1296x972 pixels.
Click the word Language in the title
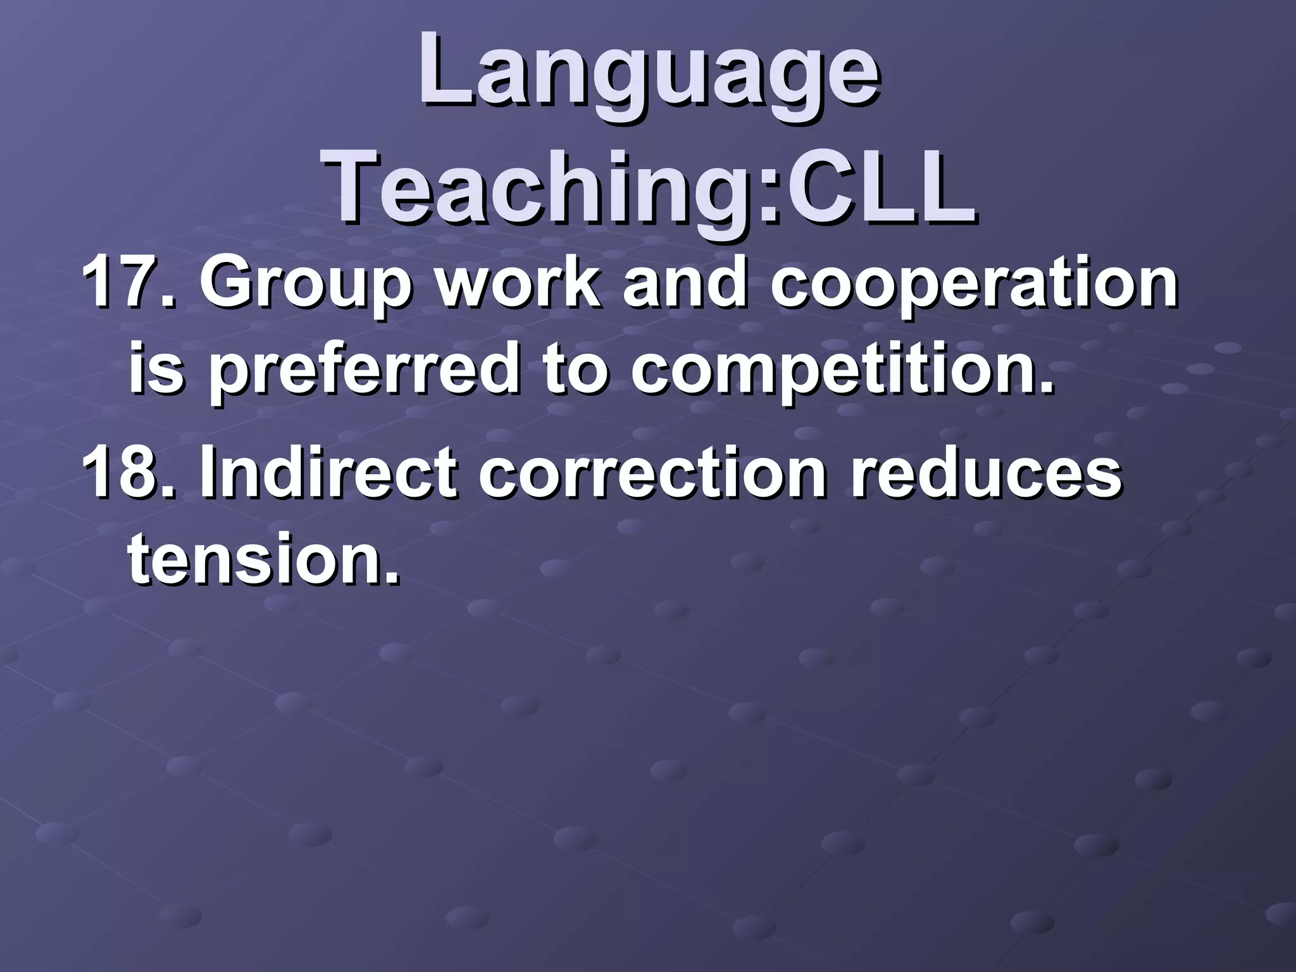point(648,76)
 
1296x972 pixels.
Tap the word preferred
point(364,370)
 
